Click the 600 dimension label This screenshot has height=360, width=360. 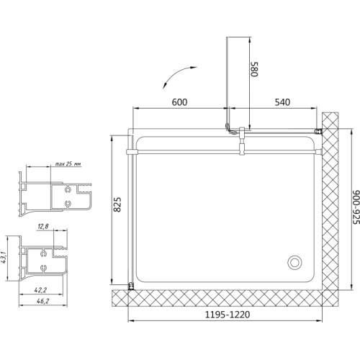tap(179, 102)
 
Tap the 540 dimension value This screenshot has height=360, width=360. tap(282, 102)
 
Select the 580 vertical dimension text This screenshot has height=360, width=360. tap(254, 69)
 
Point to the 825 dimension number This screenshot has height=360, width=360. tap(117, 204)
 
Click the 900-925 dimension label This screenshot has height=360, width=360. tap(356, 207)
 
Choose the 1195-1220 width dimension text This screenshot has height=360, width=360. tap(228, 315)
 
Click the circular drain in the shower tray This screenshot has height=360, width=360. tap(294, 262)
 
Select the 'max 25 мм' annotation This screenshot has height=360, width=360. tap(68, 164)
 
